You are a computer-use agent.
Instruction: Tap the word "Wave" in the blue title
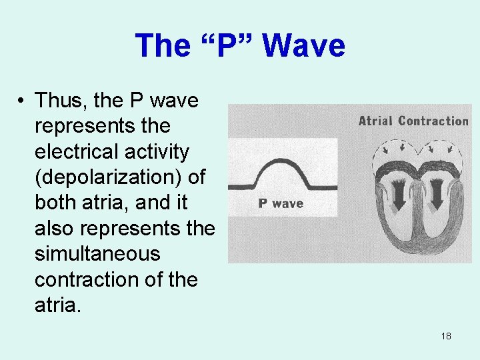tap(303, 46)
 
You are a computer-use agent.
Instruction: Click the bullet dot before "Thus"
tap(22, 101)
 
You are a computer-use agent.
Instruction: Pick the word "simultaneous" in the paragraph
tap(97, 254)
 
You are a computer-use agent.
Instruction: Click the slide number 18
tap(446, 336)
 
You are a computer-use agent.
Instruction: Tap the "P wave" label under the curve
tap(281, 203)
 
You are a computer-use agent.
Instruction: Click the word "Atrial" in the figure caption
tap(376, 121)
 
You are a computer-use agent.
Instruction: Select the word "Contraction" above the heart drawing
tap(434, 121)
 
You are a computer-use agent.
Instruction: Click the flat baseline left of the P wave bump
tap(243, 188)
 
